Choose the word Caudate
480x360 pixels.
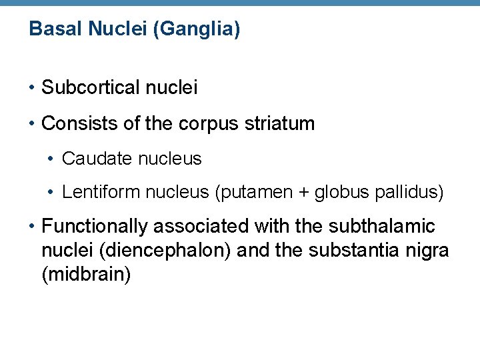click(x=91, y=159)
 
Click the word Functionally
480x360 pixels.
click(x=94, y=227)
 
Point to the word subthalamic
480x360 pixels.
click(x=381, y=227)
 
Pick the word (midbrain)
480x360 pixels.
click(x=86, y=275)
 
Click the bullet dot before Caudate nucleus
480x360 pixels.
click(x=52, y=159)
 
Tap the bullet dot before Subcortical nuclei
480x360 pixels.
click(x=32, y=87)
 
